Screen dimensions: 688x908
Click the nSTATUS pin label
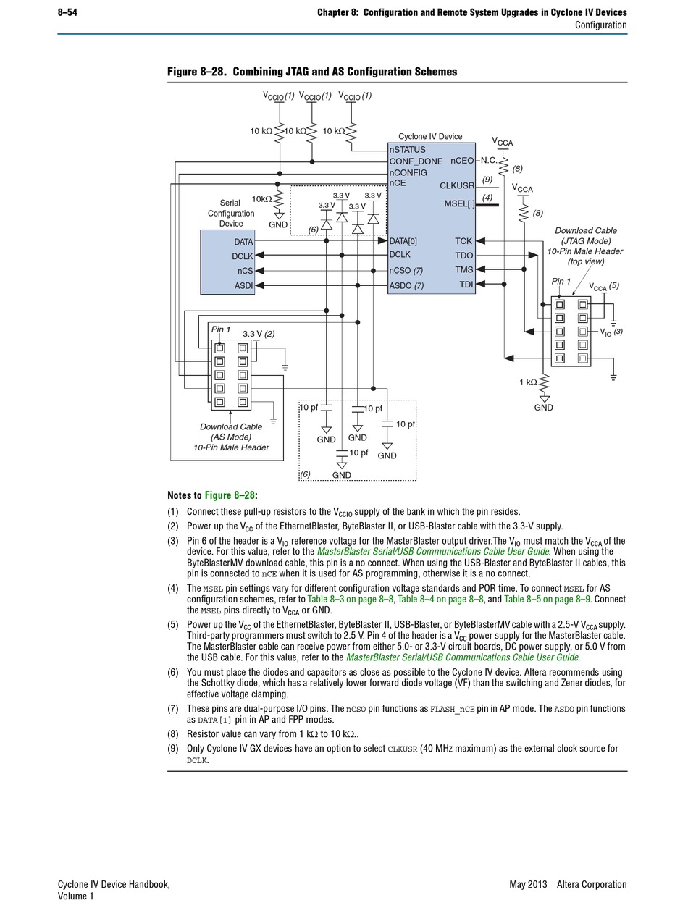point(407,149)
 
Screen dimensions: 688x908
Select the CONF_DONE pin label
point(416,161)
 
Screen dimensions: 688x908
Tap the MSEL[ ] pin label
point(459,204)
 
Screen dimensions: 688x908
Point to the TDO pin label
point(463,255)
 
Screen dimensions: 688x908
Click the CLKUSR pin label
point(457,186)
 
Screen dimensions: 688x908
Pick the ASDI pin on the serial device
point(243,285)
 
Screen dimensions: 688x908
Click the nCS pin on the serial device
point(245,271)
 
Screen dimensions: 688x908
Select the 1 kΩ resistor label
point(528,382)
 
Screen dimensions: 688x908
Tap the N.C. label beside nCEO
point(489,160)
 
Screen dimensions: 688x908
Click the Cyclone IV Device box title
point(430,136)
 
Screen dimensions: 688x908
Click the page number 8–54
point(67,12)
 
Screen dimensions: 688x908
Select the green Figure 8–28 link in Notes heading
point(230,495)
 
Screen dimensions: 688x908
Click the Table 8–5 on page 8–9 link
point(547,599)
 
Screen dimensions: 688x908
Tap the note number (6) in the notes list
point(173,672)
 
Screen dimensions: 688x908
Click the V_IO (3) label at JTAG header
point(611,332)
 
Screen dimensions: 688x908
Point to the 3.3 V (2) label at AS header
point(259,333)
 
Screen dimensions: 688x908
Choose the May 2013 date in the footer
point(528,884)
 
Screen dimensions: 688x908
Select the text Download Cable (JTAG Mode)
point(585,235)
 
